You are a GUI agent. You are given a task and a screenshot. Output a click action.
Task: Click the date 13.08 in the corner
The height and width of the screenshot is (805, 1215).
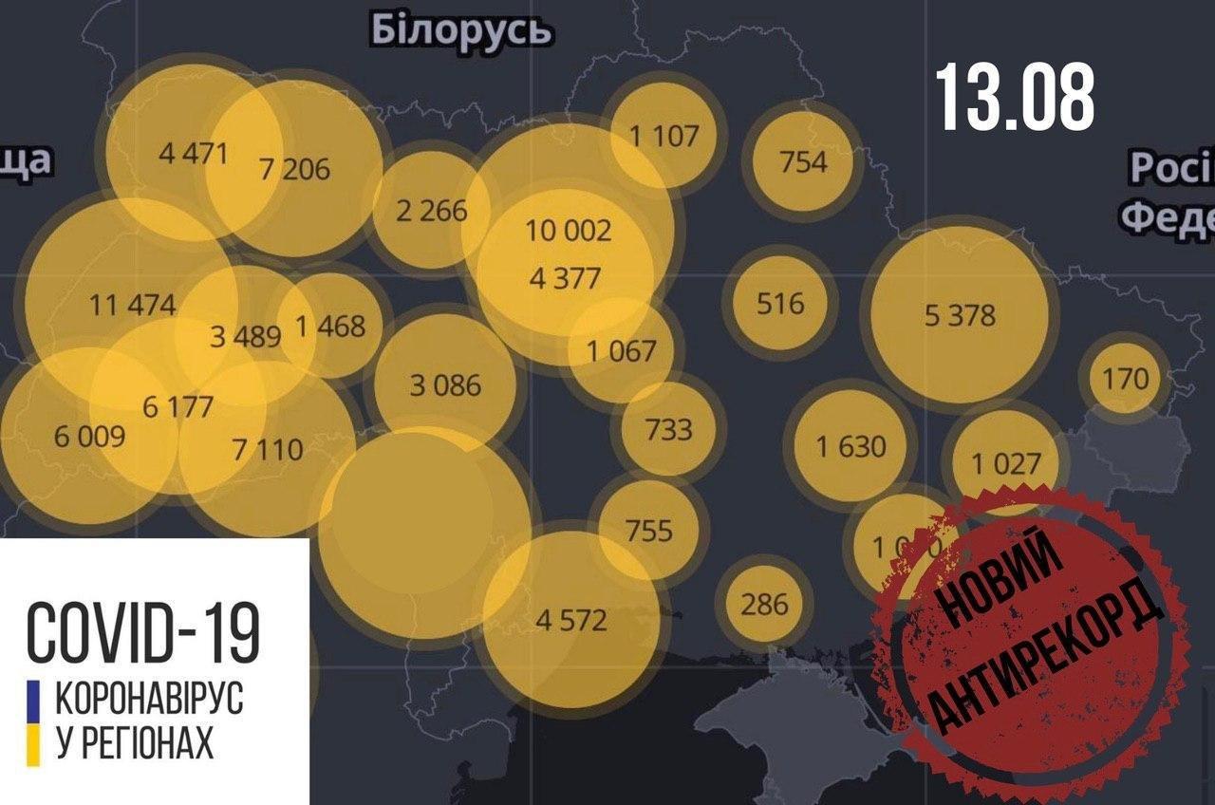[1015, 97]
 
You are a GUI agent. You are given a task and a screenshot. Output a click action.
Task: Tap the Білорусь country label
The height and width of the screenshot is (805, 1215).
[461, 30]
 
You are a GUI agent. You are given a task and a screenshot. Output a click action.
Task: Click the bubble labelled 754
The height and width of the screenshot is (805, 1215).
[803, 161]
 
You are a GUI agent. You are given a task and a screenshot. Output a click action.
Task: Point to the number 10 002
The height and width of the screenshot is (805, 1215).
[569, 231]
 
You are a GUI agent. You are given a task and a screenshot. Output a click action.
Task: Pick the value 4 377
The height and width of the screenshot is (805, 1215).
[567, 279]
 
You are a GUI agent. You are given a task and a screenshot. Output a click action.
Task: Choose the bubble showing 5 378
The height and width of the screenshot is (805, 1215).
[960, 315]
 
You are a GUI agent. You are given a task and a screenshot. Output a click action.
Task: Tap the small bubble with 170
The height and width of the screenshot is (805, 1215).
[1125, 379]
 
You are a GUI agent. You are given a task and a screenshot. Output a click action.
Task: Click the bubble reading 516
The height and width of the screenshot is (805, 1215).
[780, 304]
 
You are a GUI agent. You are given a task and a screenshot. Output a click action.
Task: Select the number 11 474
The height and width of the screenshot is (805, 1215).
[133, 306]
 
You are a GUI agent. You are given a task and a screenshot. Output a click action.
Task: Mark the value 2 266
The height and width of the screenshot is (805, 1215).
[432, 211]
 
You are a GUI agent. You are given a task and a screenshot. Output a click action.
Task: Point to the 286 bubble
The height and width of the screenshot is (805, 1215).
[764, 603]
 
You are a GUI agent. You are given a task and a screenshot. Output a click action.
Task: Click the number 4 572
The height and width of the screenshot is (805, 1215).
[570, 621]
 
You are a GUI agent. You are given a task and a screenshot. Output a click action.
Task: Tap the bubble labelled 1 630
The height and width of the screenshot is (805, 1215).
[851, 445]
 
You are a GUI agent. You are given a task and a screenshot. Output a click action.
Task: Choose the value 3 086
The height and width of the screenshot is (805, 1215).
[445, 385]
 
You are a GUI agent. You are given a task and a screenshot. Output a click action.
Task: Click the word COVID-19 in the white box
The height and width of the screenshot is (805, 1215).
[142, 630]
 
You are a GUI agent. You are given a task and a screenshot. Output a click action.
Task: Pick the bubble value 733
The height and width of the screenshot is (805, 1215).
[669, 429]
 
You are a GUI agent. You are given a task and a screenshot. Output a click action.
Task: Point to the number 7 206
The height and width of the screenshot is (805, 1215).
[294, 169]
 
